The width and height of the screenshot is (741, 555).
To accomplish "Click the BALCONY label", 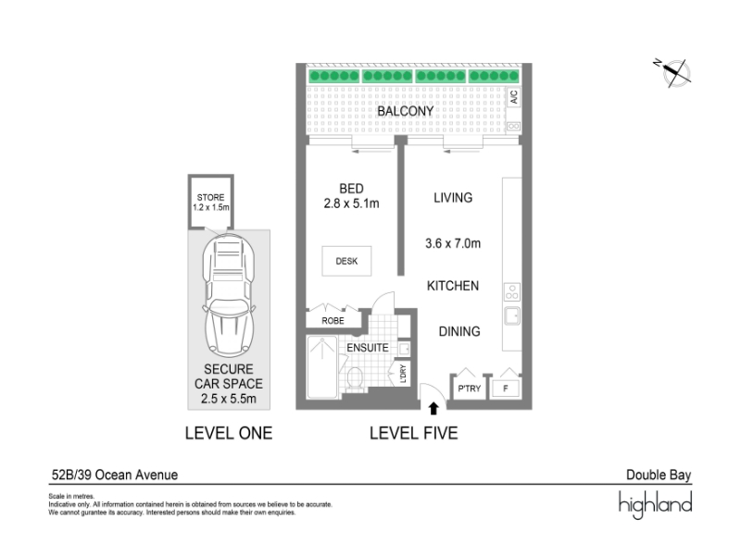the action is [405, 111].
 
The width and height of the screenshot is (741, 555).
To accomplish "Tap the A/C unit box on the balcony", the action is [514, 97].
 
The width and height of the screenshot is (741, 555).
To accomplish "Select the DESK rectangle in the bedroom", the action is [346, 261].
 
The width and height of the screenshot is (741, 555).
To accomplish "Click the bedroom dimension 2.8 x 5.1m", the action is [351, 203].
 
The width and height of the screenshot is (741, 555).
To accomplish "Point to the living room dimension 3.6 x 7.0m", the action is [453, 243].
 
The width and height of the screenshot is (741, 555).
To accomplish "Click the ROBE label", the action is [333, 321].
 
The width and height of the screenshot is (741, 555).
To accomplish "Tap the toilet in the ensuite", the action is [355, 378].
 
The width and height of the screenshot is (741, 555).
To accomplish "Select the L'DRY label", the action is [403, 374].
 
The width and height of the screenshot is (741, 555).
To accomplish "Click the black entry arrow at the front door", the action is [433, 408].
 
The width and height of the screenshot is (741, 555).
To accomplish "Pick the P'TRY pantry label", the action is [469, 388].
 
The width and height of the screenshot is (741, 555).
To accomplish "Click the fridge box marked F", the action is [505, 388].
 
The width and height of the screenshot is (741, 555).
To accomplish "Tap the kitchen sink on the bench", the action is [512, 315].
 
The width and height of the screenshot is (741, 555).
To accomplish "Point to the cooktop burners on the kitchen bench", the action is [512, 291].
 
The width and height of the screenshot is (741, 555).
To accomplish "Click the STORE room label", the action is [210, 197].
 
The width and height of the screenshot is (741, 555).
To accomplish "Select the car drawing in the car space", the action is [229, 295].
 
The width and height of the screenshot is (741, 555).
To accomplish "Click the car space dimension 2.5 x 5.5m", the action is [228, 399].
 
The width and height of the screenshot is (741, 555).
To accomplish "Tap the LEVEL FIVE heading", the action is [413, 433].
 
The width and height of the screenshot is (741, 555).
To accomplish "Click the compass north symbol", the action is [673, 73].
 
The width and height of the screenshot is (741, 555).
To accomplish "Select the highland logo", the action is [656, 504].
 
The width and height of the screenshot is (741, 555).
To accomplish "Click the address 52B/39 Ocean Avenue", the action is [115, 475].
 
